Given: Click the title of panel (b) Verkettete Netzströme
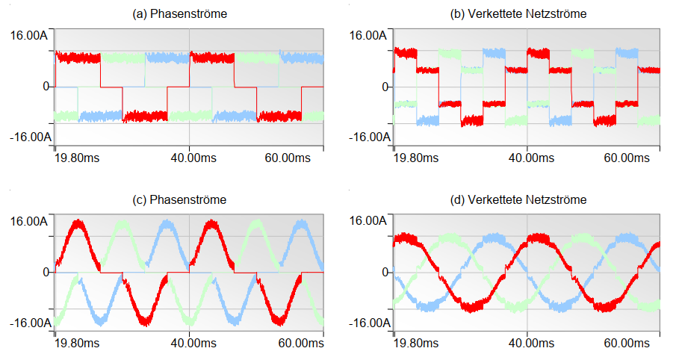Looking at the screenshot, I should click(x=527, y=14).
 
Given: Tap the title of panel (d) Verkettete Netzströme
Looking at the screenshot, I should click(x=527, y=199).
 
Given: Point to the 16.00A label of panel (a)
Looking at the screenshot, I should click(x=31, y=35).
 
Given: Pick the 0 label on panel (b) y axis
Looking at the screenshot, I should click(x=385, y=87).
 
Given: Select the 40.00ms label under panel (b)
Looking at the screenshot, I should click(x=527, y=158).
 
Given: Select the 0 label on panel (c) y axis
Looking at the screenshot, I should click(x=48, y=272).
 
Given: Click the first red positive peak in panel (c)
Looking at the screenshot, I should click(x=78, y=224).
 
